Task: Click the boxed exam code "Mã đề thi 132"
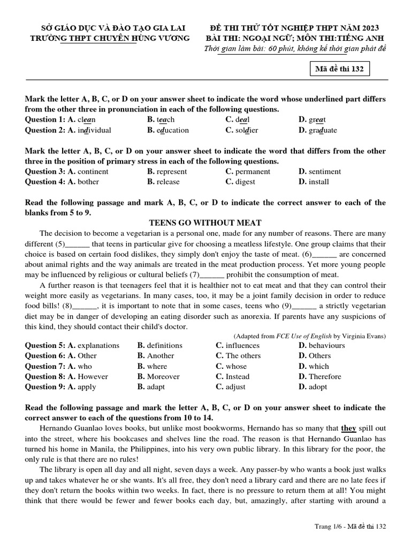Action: tap(340, 70)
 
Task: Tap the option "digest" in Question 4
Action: tap(245, 182)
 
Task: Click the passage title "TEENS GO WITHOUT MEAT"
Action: tap(205, 223)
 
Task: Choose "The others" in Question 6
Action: tap(243, 355)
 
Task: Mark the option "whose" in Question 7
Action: tap(236, 366)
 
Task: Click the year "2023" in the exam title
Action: tap(370, 27)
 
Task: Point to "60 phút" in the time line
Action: tap(275, 49)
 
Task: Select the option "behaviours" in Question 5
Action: tap(326, 345)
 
